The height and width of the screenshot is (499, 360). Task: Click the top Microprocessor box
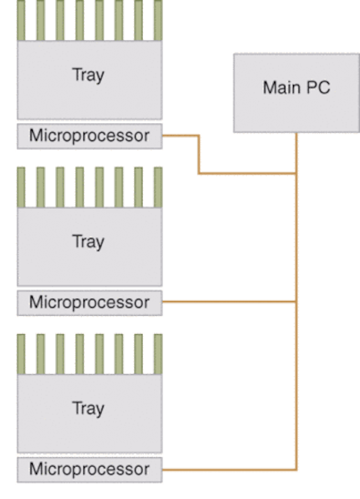89,136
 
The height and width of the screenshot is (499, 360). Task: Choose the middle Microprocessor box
89,302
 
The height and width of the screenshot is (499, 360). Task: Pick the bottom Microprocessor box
89,469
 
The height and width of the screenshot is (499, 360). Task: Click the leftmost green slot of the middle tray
21,186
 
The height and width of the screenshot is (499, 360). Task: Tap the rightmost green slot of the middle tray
158,186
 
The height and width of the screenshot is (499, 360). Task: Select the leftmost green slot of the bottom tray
21,353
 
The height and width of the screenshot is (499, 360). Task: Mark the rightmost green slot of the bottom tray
158,353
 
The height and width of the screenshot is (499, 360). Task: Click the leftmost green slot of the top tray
21,20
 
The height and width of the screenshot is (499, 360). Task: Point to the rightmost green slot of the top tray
158,20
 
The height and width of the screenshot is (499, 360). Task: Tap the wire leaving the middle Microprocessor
228,302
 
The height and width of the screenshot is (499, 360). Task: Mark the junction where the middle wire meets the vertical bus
296,302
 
